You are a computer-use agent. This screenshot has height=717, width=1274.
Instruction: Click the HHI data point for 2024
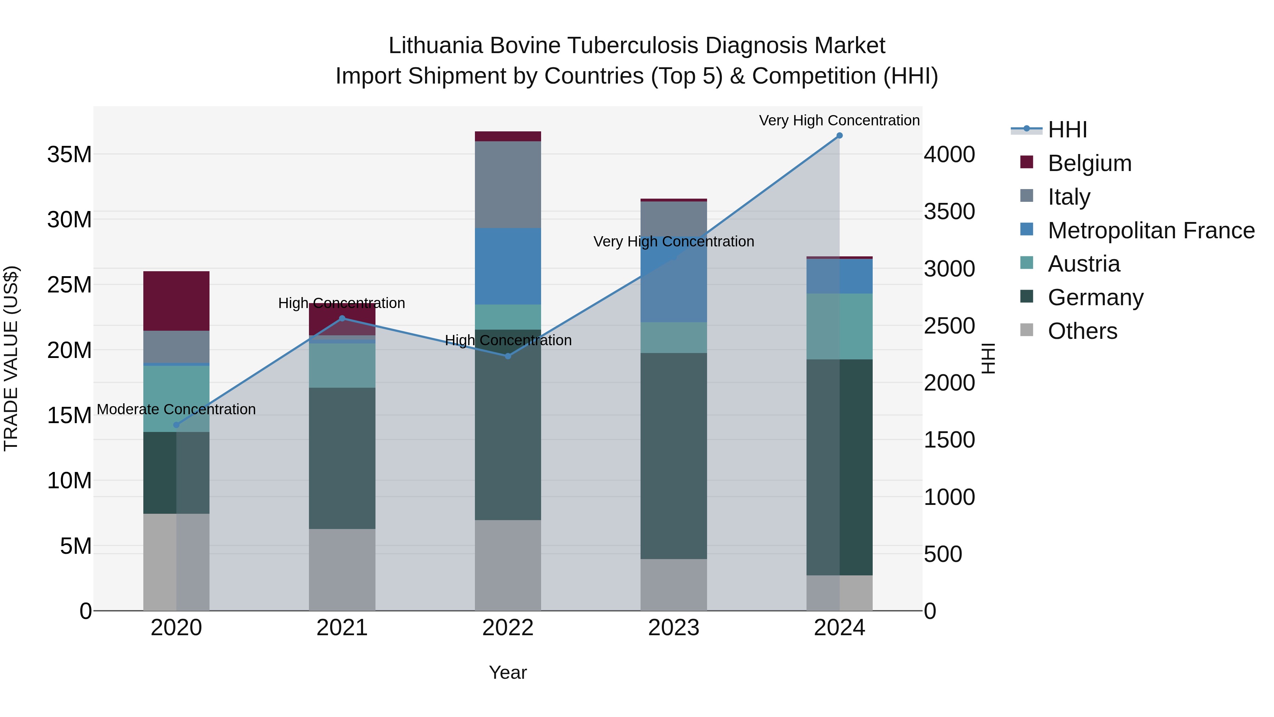(x=839, y=136)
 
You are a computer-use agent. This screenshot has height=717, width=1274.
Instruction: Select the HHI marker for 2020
(x=177, y=425)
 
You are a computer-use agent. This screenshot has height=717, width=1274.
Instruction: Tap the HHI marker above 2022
(x=508, y=356)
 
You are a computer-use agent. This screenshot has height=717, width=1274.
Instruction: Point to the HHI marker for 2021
(x=342, y=318)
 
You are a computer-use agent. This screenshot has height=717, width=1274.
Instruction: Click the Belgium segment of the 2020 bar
(x=177, y=301)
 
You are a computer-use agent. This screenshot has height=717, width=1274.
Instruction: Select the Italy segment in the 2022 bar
(x=508, y=184)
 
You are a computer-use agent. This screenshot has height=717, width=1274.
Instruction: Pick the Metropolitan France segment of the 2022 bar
(x=508, y=266)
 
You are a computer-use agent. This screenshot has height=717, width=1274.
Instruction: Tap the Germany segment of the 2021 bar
(x=342, y=458)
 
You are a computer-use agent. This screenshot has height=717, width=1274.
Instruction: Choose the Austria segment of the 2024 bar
(x=839, y=326)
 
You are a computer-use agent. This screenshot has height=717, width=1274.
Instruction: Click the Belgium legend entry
(x=1090, y=163)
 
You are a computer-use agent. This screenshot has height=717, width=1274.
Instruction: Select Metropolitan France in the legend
(x=1151, y=231)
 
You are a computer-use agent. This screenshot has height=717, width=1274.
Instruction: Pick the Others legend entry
(x=1082, y=331)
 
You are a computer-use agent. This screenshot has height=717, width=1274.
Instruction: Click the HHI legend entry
(x=1067, y=130)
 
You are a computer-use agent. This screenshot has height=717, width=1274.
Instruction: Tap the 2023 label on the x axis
(x=673, y=628)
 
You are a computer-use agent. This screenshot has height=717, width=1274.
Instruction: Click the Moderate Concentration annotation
(x=177, y=410)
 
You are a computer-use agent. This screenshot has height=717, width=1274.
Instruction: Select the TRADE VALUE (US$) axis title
(x=11, y=358)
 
